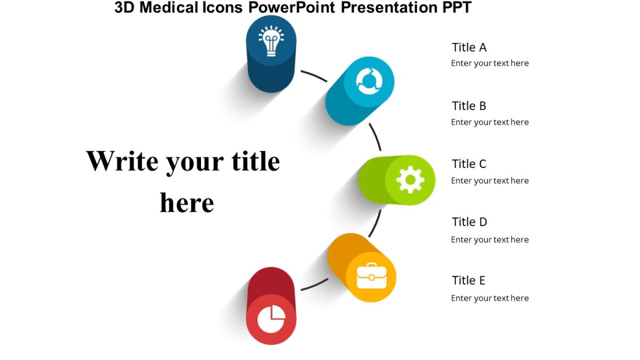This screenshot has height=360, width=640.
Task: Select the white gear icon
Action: click(x=410, y=180)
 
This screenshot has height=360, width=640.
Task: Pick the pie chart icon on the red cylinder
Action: click(x=271, y=319)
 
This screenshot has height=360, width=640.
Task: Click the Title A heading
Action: click(x=469, y=47)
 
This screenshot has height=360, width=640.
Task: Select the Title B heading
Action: click(x=469, y=106)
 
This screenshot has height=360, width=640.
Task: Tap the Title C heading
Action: click(x=469, y=164)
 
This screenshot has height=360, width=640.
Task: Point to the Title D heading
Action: click(x=469, y=222)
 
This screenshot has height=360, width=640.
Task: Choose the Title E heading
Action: click(x=468, y=281)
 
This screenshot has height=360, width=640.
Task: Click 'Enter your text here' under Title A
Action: click(x=490, y=63)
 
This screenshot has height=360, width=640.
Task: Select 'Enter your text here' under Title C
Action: click(x=490, y=181)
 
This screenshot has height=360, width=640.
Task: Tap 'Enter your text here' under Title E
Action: click(x=490, y=298)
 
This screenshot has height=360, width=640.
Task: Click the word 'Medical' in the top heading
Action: click(x=170, y=7)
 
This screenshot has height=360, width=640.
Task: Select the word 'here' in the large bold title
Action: click(x=187, y=203)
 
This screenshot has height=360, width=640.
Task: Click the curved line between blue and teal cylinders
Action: click(x=314, y=76)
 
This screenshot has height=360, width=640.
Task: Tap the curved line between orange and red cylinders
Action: click(x=315, y=285)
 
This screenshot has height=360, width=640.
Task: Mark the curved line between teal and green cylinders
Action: click(x=375, y=137)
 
